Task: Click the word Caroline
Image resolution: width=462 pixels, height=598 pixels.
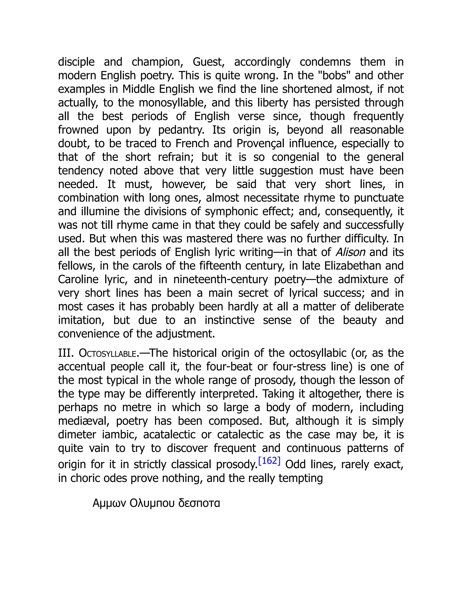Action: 78,279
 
